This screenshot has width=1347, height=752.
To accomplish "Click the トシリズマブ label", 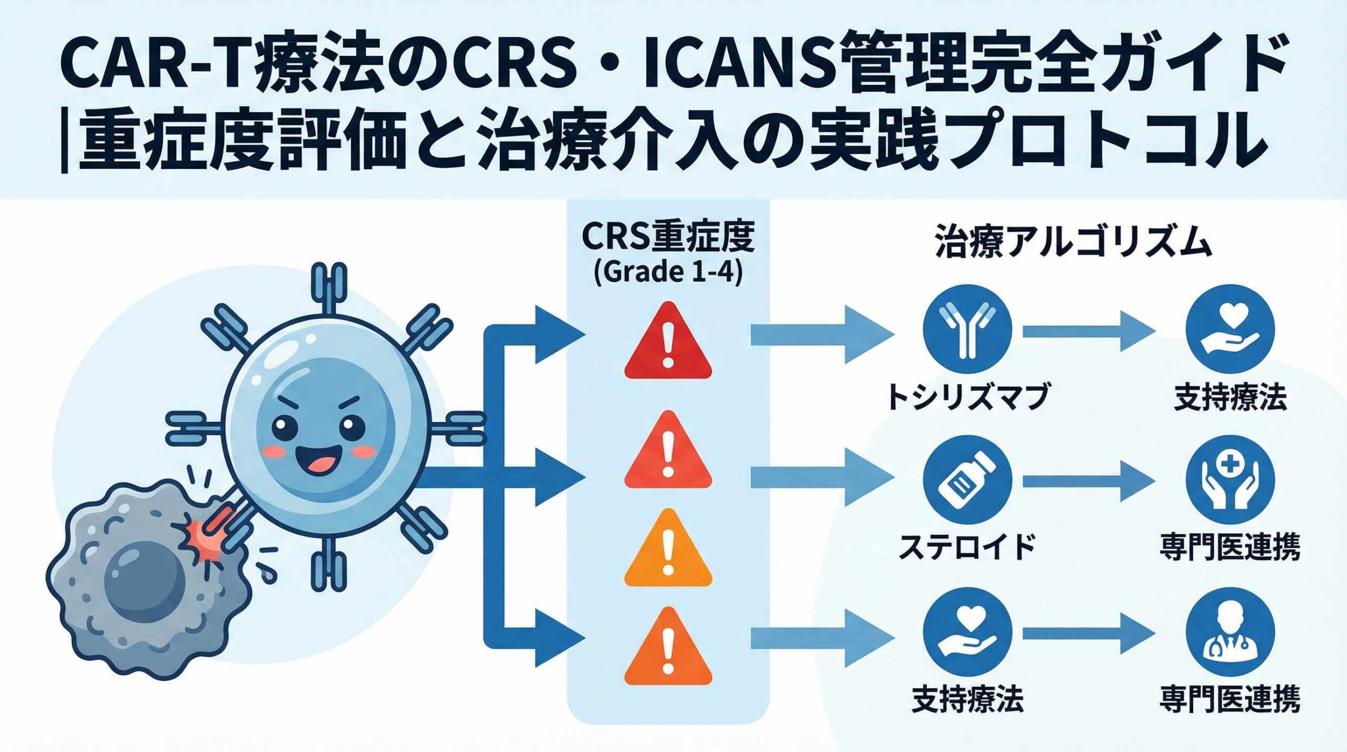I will (967, 397).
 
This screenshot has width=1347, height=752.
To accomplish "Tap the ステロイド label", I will (967, 547).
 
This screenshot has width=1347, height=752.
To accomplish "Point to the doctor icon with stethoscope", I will (1230, 631).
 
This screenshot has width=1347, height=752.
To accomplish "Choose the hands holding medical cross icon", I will (1230, 480).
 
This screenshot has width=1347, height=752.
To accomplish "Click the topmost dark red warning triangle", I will (668, 343).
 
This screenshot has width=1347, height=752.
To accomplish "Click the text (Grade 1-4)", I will (668, 273).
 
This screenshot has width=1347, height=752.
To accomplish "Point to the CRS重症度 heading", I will (668, 237).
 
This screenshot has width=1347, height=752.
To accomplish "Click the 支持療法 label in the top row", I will (1230, 397).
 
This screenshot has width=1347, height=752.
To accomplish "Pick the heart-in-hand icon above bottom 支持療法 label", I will (967, 631).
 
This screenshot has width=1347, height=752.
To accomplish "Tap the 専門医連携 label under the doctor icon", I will (1230, 699).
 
